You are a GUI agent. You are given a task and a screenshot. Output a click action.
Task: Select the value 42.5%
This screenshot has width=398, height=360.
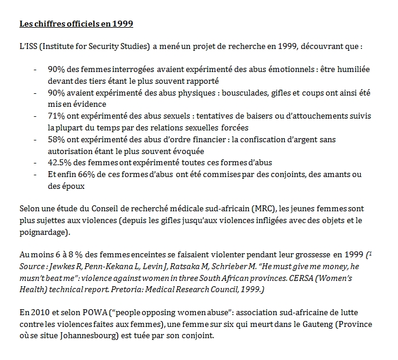(61, 163)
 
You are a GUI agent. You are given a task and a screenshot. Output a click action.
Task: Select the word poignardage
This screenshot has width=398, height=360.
(44, 233)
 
